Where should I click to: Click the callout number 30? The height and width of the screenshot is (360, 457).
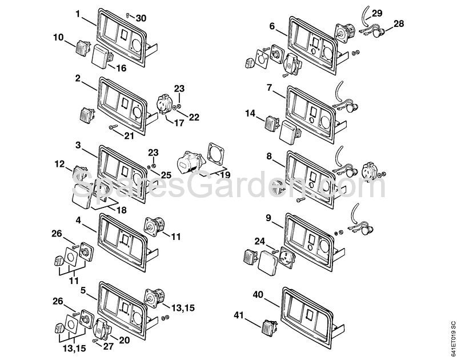tap(141, 18)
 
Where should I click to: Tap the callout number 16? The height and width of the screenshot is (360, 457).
tap(121, 68)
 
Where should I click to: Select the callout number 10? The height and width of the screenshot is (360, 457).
tap(59, 38)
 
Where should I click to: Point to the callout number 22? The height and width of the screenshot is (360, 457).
tap(194, 117)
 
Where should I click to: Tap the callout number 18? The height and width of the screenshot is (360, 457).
tap(121, 210)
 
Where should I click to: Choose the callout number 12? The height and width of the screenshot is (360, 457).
tap(60, 164)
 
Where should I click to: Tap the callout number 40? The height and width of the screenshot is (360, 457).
tap(259, 295)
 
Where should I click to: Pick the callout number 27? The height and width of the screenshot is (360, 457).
tap(109, 345)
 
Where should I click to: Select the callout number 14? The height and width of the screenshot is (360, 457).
tap(250, 113)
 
